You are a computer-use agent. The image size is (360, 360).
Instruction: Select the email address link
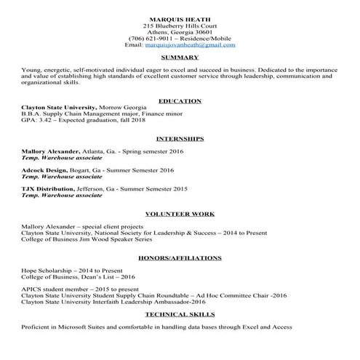200,44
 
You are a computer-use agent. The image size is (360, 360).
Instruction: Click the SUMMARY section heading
180,57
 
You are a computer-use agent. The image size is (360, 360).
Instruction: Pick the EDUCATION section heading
180,100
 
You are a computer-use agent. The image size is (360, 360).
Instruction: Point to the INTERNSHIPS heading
180,137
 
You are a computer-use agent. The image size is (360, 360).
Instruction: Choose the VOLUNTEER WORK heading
180,215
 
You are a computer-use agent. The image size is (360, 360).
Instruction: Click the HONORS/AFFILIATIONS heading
180,257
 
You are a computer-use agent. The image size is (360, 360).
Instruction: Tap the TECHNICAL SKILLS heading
180,314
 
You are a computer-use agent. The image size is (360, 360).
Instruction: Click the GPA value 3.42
43,120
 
